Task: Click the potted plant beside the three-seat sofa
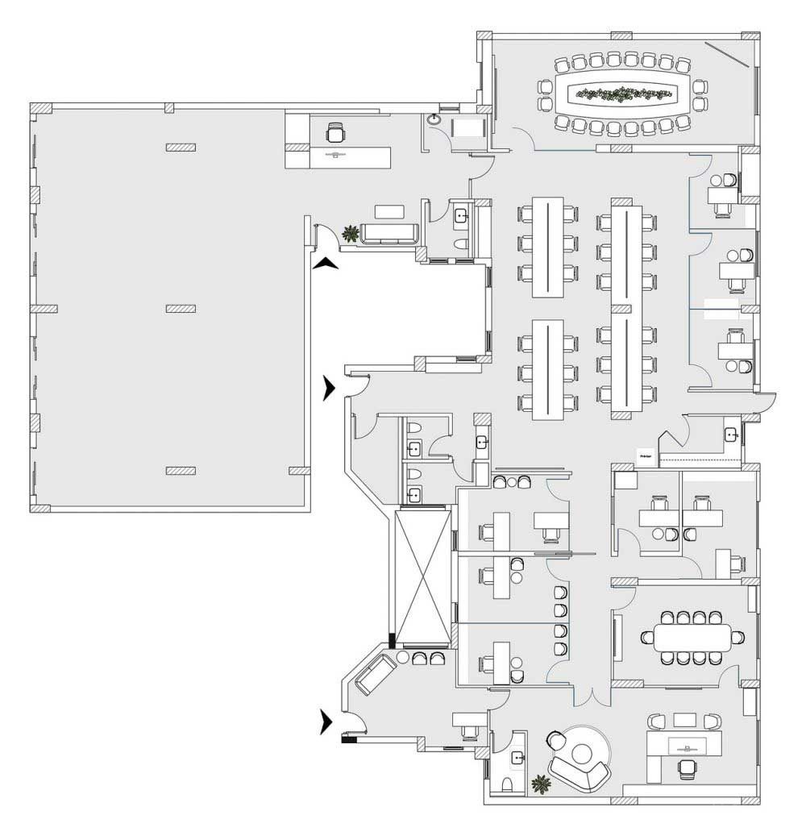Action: click(x=350, y=234)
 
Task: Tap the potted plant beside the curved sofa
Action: click(x=541, y=782)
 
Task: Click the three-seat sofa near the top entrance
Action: click(x=390, y=233)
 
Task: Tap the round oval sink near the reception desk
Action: click(x=435, y=119)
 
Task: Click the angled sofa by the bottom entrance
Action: click(x=372, y=674)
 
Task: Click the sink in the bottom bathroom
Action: click(x=517, y=756)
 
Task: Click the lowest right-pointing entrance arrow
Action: click(x=326, y=722)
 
